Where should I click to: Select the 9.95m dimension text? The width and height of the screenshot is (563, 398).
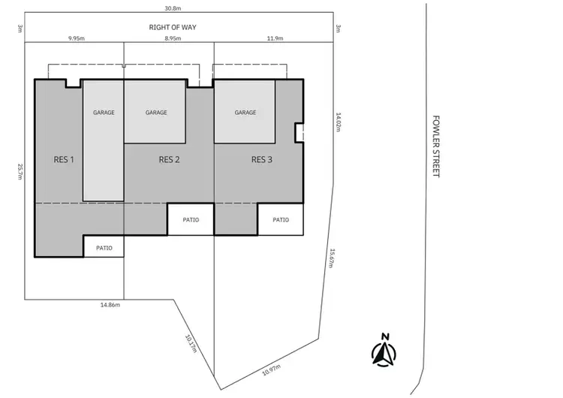click(75, 37)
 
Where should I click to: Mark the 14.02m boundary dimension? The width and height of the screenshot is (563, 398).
click(339, 122)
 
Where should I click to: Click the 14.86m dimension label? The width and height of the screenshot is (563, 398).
click(110, 305)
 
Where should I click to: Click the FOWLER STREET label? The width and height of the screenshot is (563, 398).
click(435, 146)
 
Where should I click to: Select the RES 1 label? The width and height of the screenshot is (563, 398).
click(64, 159)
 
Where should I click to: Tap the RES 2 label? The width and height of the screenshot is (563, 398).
click(170, 159)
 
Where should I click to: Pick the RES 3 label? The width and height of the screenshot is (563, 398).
click(261, 159)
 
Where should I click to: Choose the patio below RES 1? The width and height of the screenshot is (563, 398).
click(104, 246)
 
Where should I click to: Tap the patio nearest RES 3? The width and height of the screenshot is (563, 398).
click(281, 220)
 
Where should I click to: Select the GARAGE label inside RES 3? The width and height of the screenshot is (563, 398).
click(245, 113)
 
